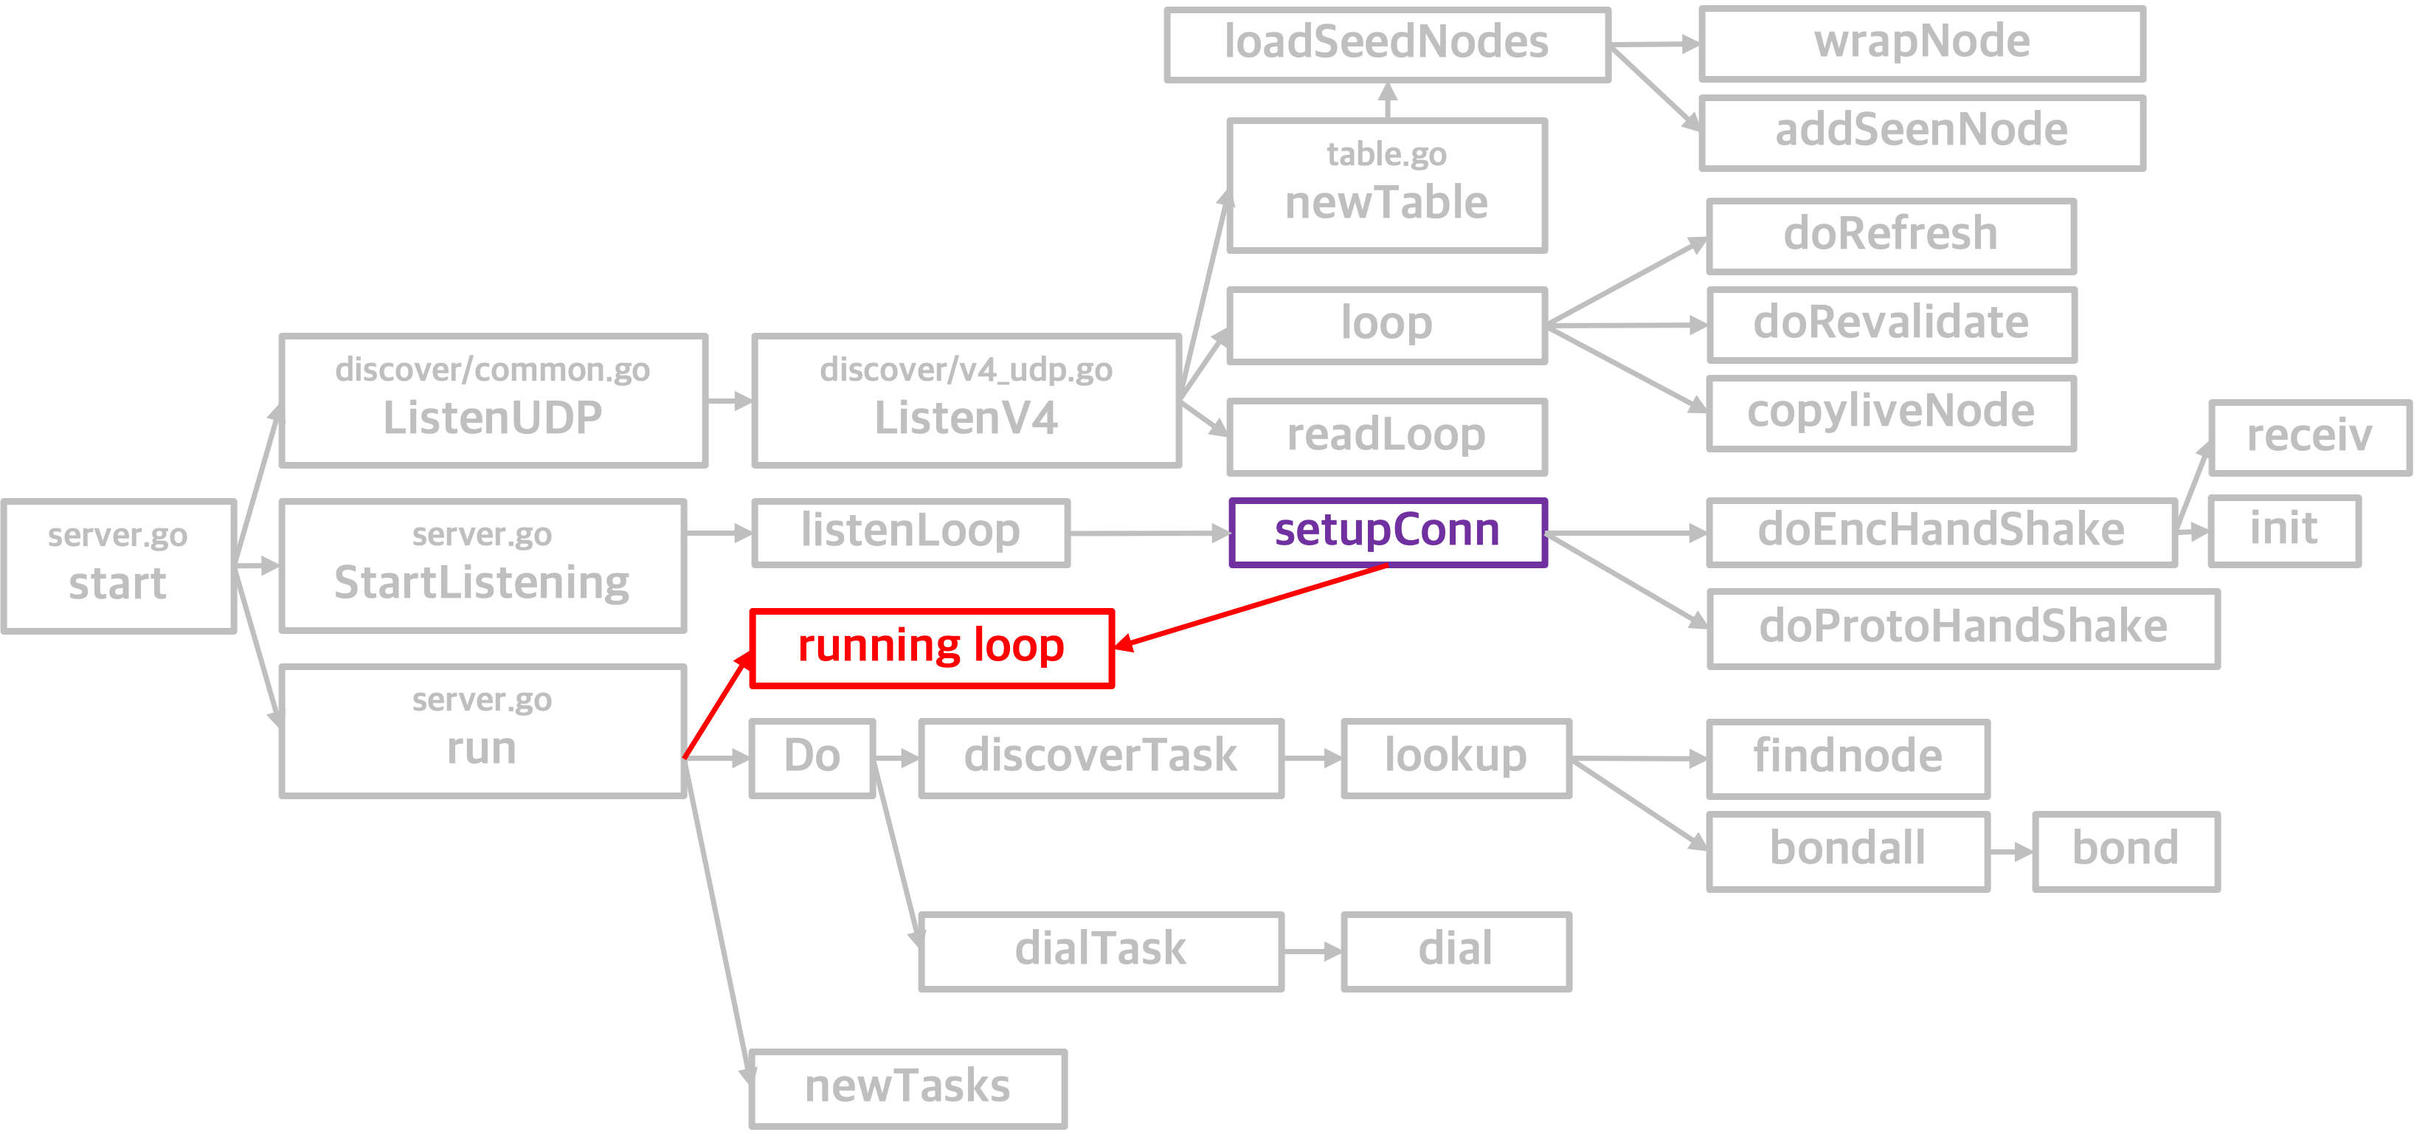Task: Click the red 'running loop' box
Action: click(933, 649)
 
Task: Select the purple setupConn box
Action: click(1388, 532)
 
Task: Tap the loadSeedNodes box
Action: click(1388, 45)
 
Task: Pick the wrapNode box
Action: click(1922, 43)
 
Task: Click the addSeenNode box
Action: click(1922, 132)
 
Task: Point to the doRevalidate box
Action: click(1892, 324)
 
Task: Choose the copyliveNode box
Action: click(1892, 413)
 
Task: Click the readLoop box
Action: click(1387, 437)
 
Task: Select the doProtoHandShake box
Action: click(1963, 628)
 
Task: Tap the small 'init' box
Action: click(2285, 531)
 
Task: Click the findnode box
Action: click(1848, 758)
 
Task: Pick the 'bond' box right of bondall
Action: click(2126, 851)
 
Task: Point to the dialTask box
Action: click(1101, 951)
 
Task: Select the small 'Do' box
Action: click(812, 758)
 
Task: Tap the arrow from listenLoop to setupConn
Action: click(1149, 534)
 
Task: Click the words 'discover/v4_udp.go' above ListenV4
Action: click(966, 370)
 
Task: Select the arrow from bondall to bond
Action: click(2011, 852)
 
